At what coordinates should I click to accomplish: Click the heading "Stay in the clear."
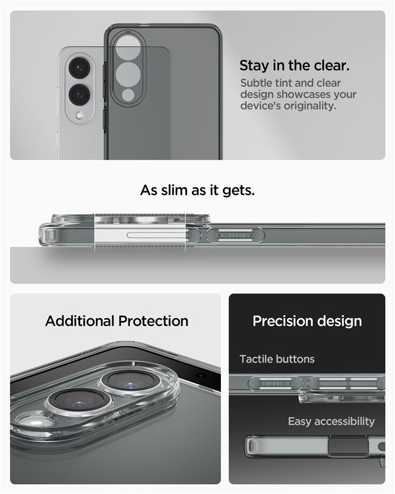(x=294, y=65)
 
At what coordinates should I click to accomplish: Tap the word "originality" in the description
(x=309, y=106)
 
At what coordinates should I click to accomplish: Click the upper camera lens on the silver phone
(x=80, y=67)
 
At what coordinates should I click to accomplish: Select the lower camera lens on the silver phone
(x=80, y=94)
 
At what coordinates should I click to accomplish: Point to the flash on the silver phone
(x=80, y=115)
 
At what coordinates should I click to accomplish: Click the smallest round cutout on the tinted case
(x=128, y=95)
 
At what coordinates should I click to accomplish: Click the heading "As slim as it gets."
(x=197, y=190)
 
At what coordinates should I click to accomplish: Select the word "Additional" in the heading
(x=80, y=321)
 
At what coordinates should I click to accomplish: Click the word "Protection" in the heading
(x=154, y=321)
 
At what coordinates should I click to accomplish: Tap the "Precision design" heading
(x=307, y=321)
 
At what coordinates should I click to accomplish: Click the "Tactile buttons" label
(x=277, y=359)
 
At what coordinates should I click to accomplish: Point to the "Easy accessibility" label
(x=331, y=422)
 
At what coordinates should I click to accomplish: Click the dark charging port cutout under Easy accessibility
(x=348, y=446)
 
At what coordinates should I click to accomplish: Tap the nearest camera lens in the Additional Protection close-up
(x=78, y=403)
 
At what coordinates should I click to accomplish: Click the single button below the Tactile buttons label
(x=275, y=383)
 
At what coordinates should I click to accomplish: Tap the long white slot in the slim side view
(x=156, y=235)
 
